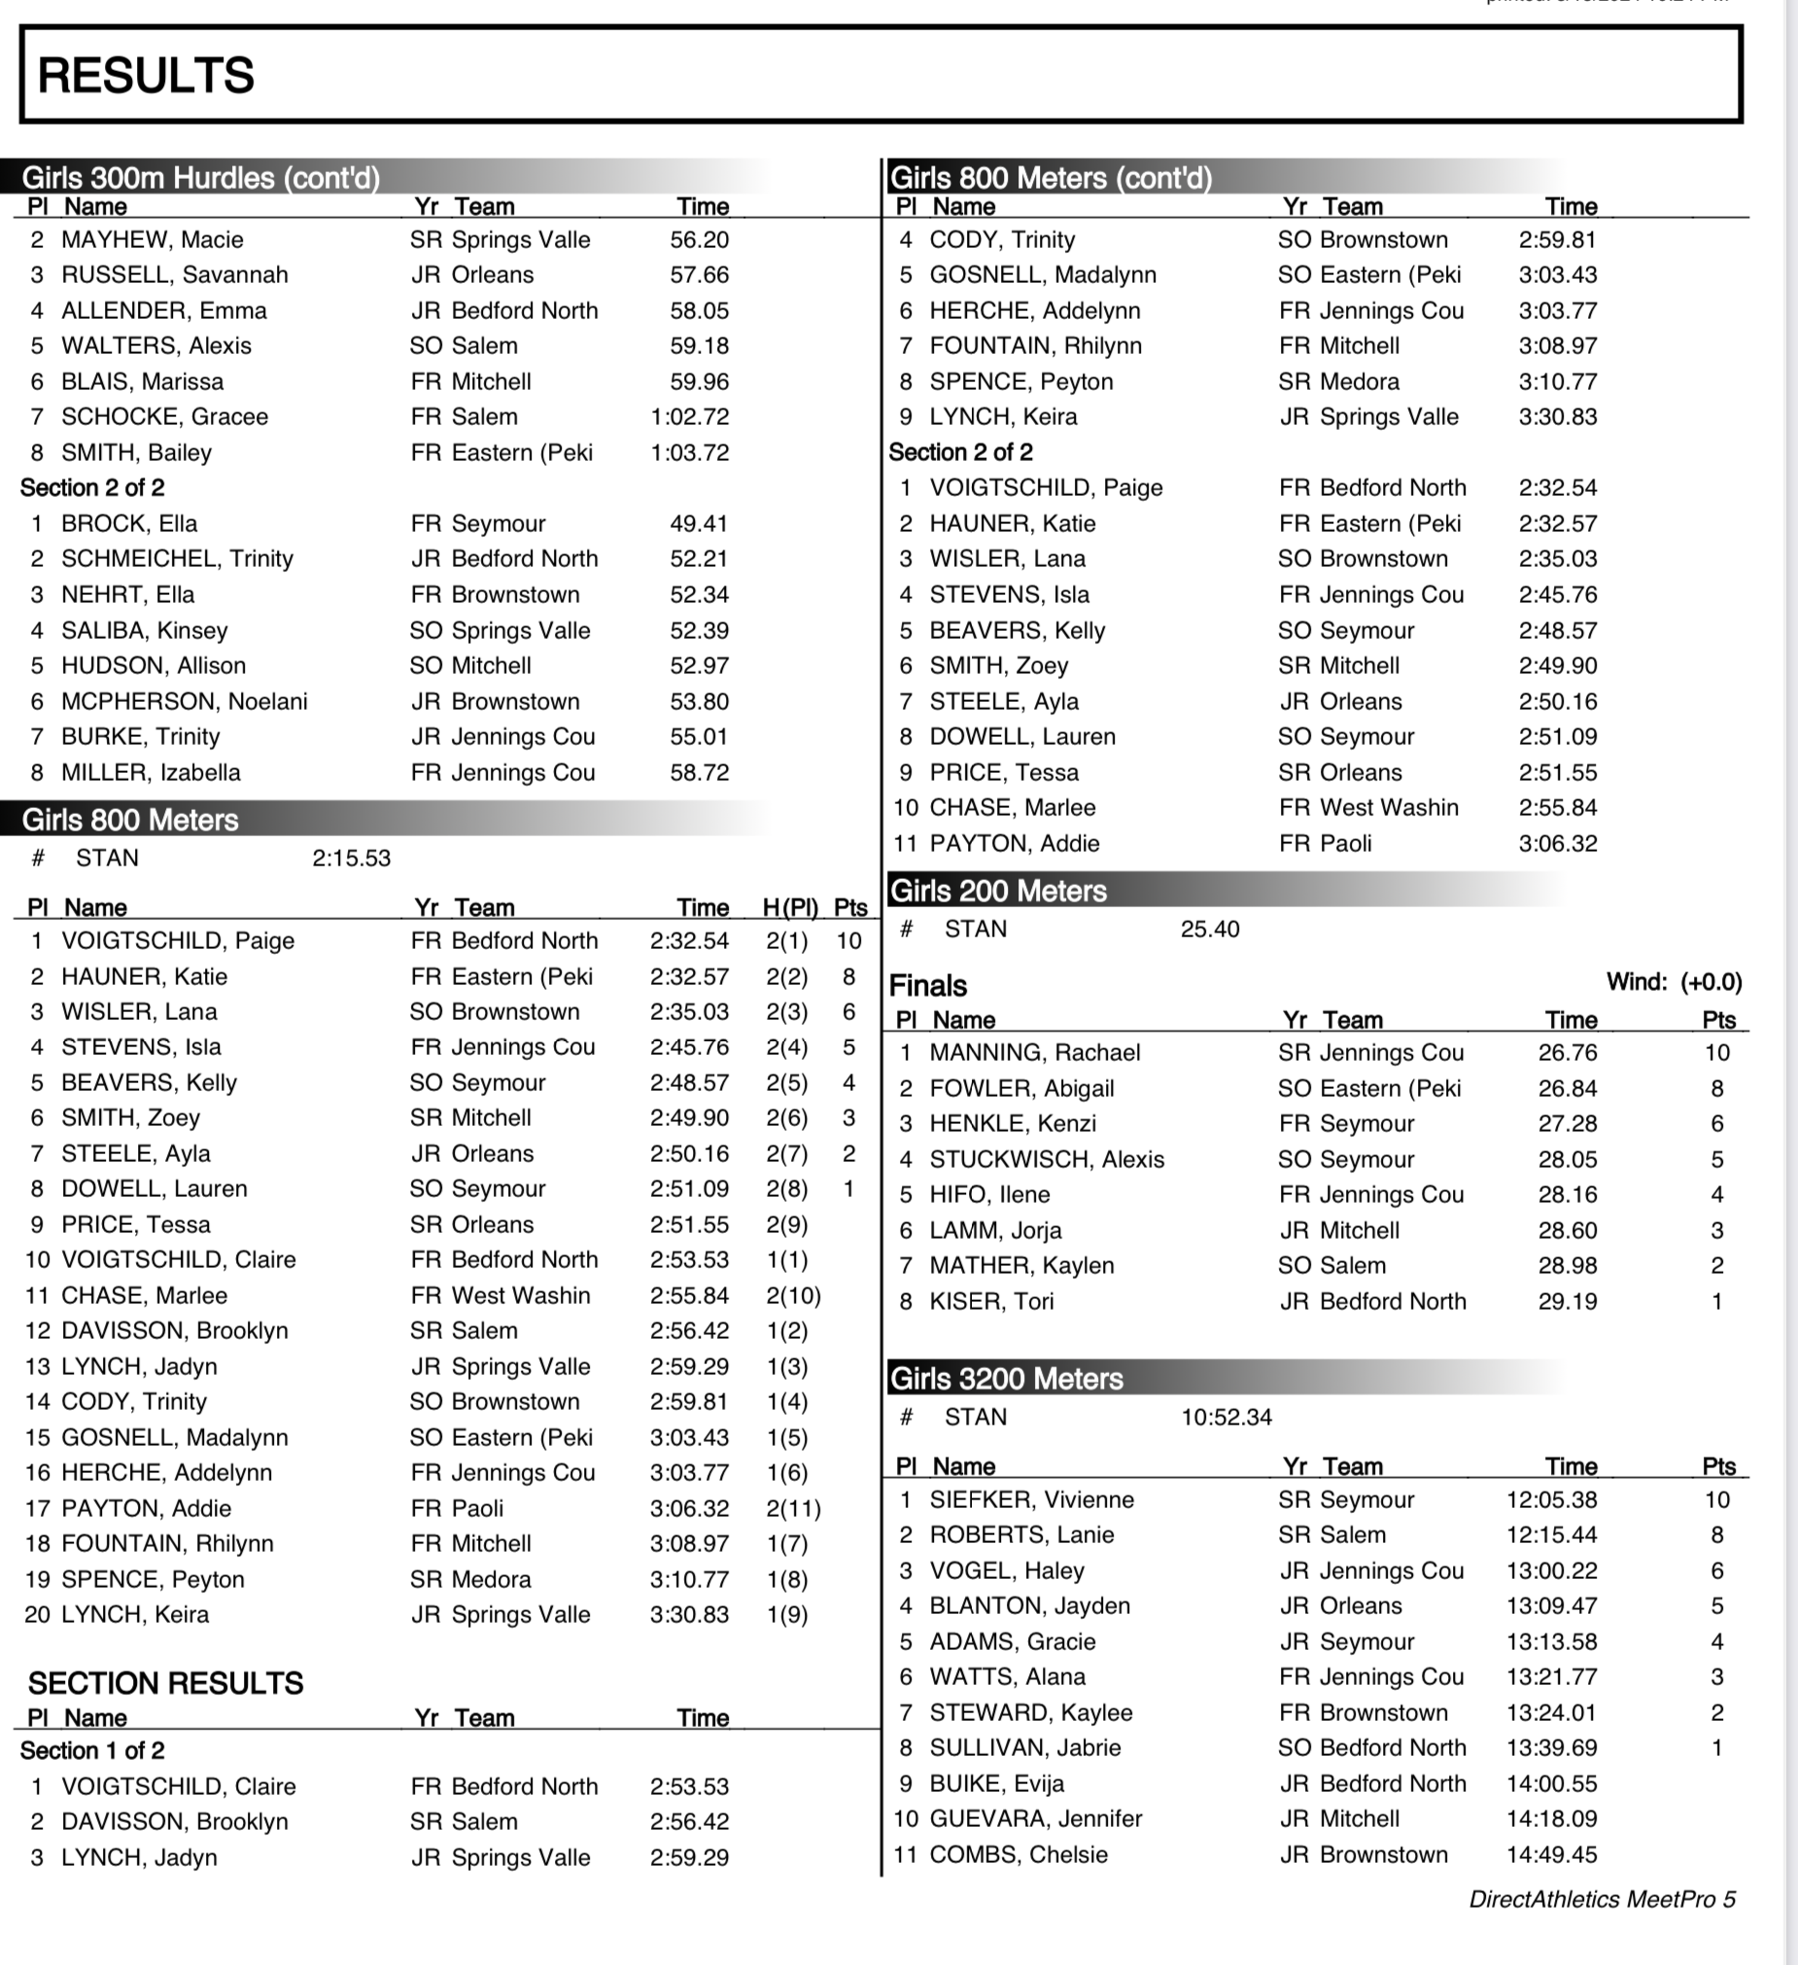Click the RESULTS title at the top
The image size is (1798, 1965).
coord(146,75)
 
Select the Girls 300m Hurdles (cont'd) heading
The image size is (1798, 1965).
coord(201,177)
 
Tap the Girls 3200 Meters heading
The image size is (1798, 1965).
coord(1007,1379)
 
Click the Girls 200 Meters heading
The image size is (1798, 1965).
coord(999,891)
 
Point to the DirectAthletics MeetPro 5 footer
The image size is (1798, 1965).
coord(1602,1899)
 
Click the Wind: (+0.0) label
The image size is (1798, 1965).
coord(1674,981)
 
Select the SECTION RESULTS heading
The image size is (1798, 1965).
coord(165,1683)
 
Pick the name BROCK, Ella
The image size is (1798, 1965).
coord(128,523)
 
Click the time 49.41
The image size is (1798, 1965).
coord(699,523)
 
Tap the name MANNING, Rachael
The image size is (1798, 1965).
coord(1034,1053)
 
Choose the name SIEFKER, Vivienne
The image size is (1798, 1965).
coord(1031,1499)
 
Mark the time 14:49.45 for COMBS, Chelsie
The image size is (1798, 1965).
coord(1551,1854)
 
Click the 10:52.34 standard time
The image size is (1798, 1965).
coord(1226,1418)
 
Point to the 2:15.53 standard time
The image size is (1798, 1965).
coord(351,858)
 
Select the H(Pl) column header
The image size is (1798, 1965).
coord(789,907)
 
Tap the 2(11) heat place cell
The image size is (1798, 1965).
coord(793,1508)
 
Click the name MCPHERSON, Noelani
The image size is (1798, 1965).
coord(185,701)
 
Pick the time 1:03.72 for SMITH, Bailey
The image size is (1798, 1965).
coord(689,452)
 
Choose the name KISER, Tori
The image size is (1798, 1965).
coord(991,1301)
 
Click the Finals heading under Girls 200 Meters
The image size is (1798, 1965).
coord(928,986)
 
